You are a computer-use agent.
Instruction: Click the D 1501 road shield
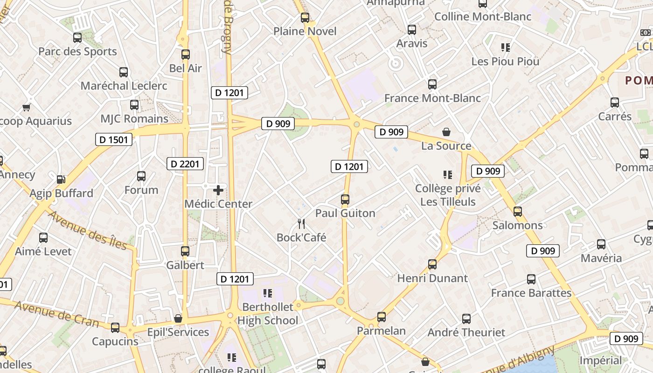(114, 139)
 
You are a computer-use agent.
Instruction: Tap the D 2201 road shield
(185, 163)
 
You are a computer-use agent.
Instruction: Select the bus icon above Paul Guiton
(345, 200)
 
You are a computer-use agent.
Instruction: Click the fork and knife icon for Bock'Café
(301, 224)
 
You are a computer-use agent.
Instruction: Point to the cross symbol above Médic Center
(218, 190)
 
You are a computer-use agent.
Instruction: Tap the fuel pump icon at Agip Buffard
(61, 180)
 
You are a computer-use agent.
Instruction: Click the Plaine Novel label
(305, 31)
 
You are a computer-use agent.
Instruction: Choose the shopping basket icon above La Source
(446, 132)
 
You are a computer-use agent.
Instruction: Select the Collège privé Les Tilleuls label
(448, 195)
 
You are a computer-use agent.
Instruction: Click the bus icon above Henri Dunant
(432, 264)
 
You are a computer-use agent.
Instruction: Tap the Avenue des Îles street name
(88, 230)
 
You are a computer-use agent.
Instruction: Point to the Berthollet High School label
(268, 313)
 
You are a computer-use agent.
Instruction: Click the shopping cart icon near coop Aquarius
(27, 107)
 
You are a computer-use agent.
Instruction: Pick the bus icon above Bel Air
(186, 54)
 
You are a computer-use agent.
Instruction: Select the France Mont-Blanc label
(432, 98)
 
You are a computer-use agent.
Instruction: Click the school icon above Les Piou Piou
(505, 47)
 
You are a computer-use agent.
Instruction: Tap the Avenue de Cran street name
(56, 314)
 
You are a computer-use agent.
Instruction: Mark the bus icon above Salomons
(518, 212)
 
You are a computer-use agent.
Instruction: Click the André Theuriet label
(466, 332)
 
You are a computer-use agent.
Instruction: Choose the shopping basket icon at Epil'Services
(178, 318)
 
